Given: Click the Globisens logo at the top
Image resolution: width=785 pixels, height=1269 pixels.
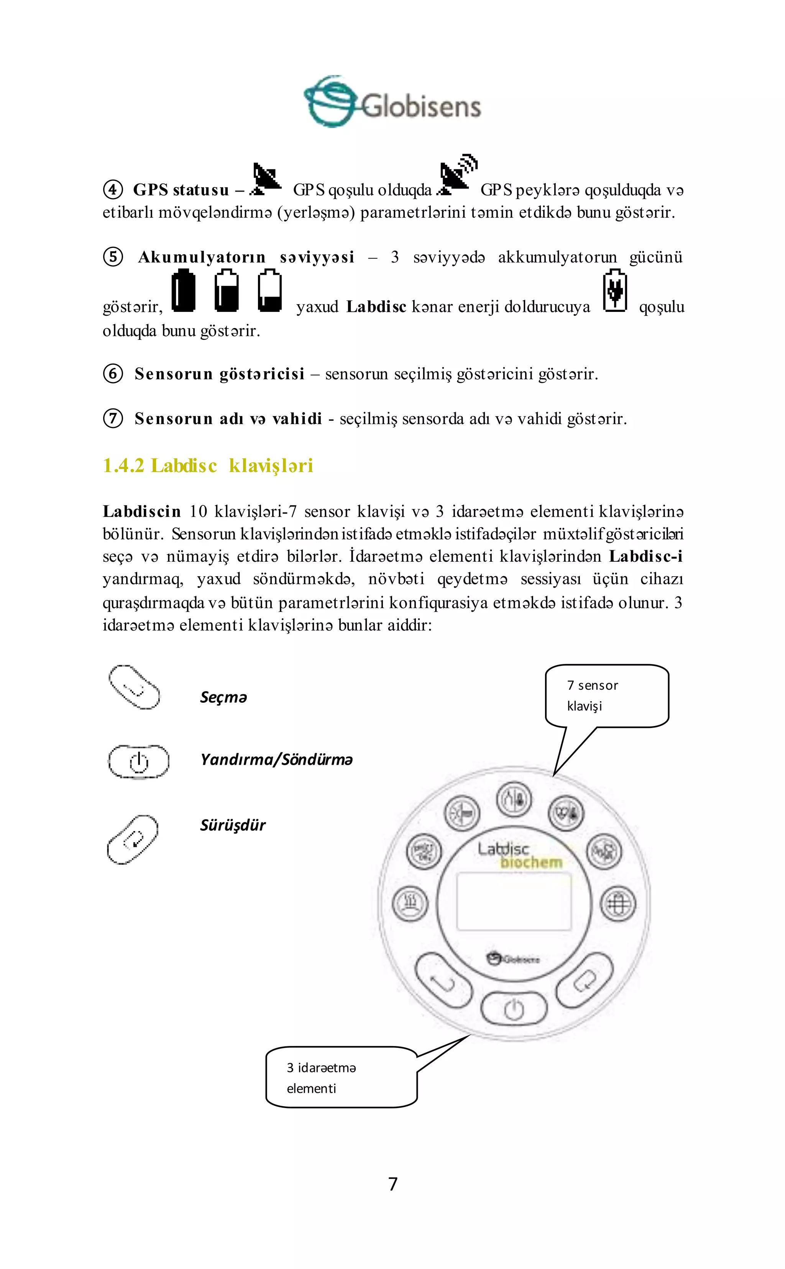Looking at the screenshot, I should pyautogui.click(x=392, y=102).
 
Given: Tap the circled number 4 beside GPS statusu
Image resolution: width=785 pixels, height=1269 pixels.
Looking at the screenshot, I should pyautogui.click(x=113, y=189).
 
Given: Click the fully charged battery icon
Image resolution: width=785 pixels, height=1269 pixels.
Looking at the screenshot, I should pyautogui.click(x=183, y=291).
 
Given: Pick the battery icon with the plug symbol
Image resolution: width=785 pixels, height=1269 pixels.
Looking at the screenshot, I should pyautogui.click(x=615, y=291).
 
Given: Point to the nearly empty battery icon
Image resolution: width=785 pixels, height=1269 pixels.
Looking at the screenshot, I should pyautogui.click(x=269, y=291).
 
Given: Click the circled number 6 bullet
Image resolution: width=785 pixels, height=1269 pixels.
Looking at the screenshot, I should pyautogui.click(x=113, y=374).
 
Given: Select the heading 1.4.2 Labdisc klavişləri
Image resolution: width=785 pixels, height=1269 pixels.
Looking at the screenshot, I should pyautogui.click(x=208, y=466).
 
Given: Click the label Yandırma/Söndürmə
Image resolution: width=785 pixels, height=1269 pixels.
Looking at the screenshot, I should pyautogui.click(x=276, y=760).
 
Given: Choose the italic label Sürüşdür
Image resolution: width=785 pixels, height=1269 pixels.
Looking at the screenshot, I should pyautogui.click(x=233, y=825).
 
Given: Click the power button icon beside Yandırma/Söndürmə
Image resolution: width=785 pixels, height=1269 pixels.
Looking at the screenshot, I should pyautogui.click(x=138, y=761).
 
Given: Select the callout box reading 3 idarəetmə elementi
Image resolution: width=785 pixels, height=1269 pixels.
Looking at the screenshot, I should pyautogui.click(x=341, y=1077).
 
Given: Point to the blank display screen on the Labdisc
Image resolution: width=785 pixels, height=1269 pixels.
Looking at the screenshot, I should pyautogui.click(x=514, y=900).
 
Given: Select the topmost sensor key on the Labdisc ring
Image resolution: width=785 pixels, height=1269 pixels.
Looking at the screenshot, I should pyautogui.click(x=514, y=800).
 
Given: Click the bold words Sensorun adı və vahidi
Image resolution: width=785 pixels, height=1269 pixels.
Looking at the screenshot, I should pyautogui.click(x=228, y=418).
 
